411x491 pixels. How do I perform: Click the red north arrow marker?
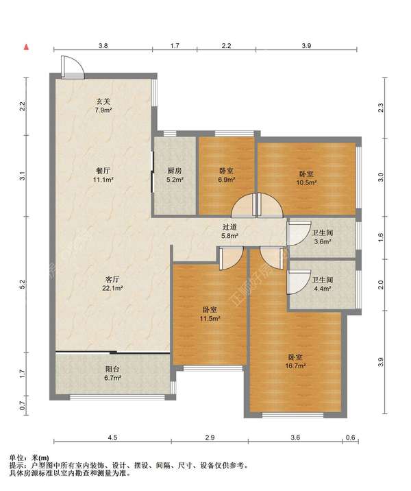27,47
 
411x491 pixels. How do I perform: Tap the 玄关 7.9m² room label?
103,106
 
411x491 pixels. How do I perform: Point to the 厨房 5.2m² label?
175,176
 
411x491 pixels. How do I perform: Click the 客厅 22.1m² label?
112,283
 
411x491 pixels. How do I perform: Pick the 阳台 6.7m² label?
112,374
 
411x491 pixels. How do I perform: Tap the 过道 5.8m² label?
230,232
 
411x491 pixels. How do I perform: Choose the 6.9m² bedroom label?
227,176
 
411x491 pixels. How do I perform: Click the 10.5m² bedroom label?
306,178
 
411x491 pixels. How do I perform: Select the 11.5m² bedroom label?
210,314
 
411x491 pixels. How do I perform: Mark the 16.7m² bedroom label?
295,361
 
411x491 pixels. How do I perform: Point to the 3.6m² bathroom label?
323,237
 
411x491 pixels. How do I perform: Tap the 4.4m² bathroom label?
322,284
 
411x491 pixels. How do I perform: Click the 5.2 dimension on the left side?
22,285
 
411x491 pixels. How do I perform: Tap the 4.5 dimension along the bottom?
112,437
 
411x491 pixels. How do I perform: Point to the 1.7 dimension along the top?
175,46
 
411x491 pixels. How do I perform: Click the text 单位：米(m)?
29,458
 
